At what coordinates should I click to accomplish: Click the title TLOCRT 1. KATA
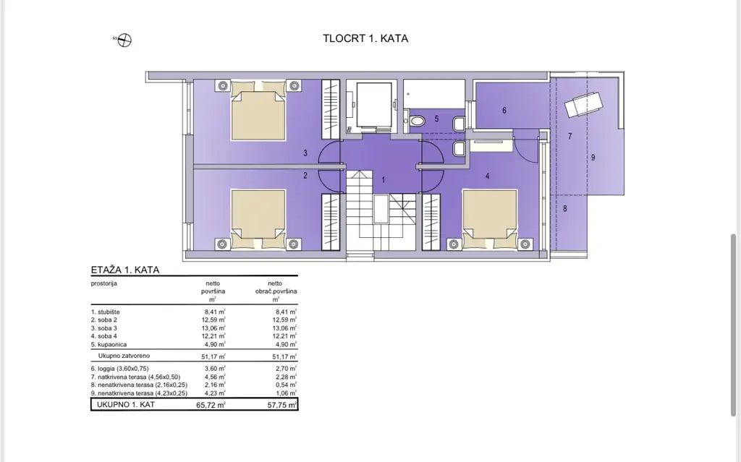[x=365, y=38]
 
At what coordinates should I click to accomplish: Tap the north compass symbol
[x=124, y=40]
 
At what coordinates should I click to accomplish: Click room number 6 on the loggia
[x=504, y=111]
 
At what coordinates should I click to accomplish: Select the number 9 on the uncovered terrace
[x=593, y=158]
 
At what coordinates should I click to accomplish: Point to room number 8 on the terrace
[x=564, y=208]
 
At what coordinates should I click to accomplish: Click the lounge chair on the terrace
[x=584, y=104]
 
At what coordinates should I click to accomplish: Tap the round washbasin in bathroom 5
[x=418, y=121]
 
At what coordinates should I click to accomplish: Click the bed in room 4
[x=490, y=219]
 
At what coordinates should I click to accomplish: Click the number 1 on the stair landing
[x=384, y=180]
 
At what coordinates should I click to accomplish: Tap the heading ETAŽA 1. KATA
[x=125, y=270]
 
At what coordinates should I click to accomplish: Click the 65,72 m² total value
[x=211, y=405]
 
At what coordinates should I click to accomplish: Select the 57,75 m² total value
[x=282, y=405]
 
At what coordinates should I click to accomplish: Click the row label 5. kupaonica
[x=109, y=344]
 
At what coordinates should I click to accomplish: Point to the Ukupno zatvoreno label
[x=124, y=356]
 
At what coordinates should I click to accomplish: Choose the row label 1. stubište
[x=106, y=312]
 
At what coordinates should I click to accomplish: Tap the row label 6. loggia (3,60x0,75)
[x=119, y=369]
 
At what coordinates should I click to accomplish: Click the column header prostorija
[x=104, y=283]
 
